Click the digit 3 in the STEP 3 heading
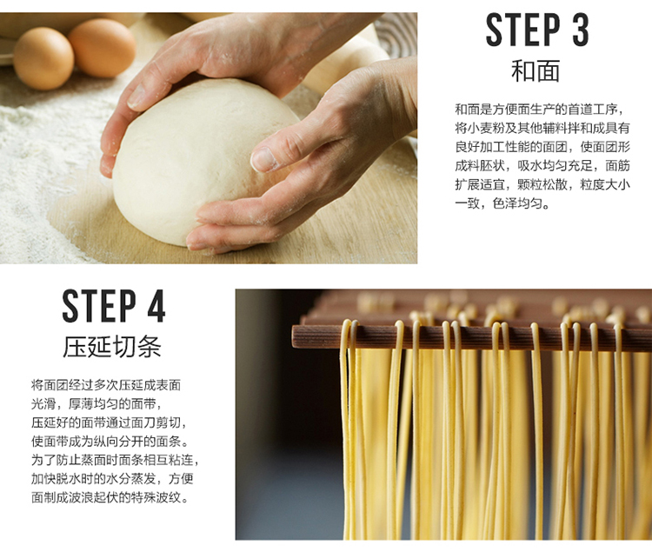pos(581,29)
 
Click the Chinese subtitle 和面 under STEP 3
pos(536,71)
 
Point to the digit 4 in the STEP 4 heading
pos(156,306)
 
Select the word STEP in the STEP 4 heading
pos(99,306)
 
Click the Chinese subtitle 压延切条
pos(111,347)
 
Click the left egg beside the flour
pos(43,58)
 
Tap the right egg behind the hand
pos(102,47)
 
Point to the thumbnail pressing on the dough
pos(263,160)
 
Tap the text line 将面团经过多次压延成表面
pos(106,385)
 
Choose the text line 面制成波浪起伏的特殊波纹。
pos(110,497)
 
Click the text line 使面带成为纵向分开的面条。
pos(110,441)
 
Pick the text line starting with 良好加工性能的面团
pos(542,147)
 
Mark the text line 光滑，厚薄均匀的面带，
pos(96,404)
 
